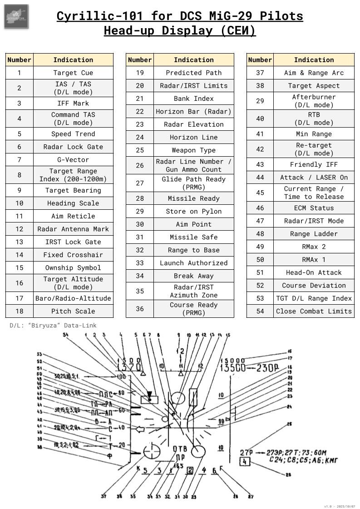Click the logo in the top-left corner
tap(16, 16)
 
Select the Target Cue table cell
tap(73, 73)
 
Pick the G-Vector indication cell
tap(73, 160)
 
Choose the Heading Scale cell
tap(73, 203)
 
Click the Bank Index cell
tap(194, 99)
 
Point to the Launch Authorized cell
tap(194, 263)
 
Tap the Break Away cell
tap(194, 276)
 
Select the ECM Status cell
tap(314, 208)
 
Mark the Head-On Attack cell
tap(314, 272)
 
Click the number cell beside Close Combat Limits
tap(260, 311)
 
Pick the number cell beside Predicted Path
tap(140, 73)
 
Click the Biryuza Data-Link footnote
tap(53, 326)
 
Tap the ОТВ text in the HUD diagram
tap(180, 449)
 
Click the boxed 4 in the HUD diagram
tap(245, 462)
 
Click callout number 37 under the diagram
tap(104, 496)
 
